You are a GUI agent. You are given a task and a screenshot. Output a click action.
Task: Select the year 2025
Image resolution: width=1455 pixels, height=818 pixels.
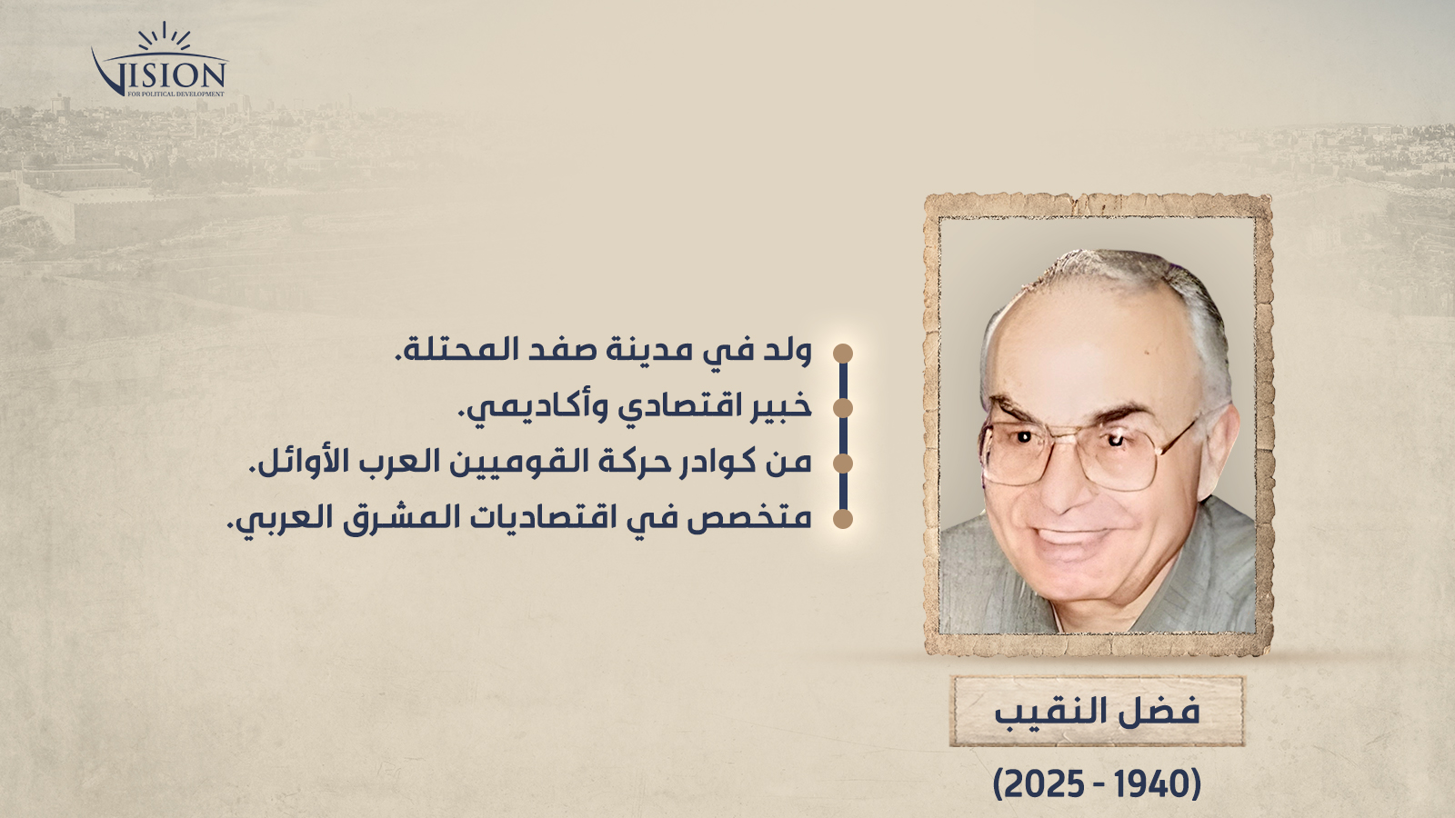tap(1045, 785)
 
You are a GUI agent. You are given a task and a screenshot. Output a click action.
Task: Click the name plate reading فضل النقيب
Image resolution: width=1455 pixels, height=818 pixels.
tap(1097, 712)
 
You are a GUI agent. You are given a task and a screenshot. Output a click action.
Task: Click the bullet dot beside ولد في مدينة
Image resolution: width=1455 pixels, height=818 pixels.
tap(842, 354)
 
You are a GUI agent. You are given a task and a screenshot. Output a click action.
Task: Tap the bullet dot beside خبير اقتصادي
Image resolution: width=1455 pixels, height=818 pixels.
tap(842, 408)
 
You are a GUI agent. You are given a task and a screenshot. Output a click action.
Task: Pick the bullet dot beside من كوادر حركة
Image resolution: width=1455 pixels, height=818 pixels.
tap(842, 464)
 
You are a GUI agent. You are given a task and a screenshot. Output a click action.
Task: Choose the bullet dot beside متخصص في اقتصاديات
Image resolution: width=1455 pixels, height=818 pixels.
tap(842, 519)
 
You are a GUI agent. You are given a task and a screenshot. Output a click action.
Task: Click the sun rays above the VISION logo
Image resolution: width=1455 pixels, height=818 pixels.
tap(165, 37)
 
